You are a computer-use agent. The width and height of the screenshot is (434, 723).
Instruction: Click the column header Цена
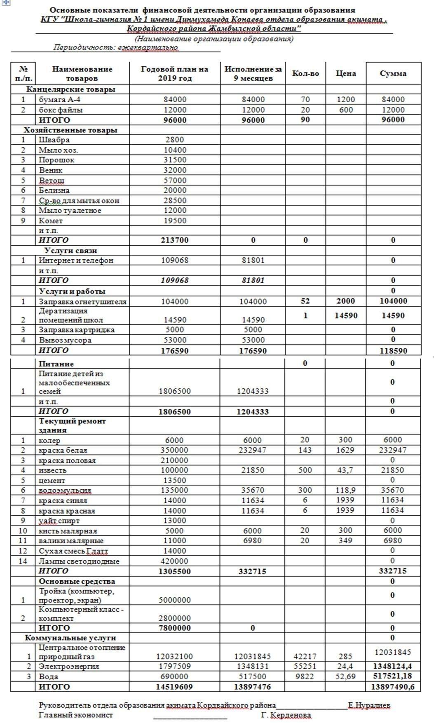pyautogui.click(x=346, y=73)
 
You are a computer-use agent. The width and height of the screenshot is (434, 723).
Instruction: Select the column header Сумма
pyautogui.click(x=393, y=73)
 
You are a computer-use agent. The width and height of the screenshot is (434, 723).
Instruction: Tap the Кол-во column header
pyautogui.click(x=305, y=73)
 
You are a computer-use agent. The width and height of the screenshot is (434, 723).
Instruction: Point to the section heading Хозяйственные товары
pyautogui.click(x=70, y=130)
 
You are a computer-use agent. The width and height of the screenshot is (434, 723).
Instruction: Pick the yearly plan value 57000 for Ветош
pyautogui.click(x=175, y=180)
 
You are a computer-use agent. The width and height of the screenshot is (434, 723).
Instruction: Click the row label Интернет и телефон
pyautogui.click(x=76, y=260)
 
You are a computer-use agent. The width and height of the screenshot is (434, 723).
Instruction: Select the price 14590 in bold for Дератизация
pyautogui.click(x=346, y=315)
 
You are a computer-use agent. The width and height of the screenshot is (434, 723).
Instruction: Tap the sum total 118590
pyautogui.click(x=393, y=351)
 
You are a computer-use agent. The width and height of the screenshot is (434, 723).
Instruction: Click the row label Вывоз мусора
pyautogui.click(x=65, y=340)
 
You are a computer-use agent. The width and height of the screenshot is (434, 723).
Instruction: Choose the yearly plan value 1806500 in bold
pyautogui.click(x=175, y=411)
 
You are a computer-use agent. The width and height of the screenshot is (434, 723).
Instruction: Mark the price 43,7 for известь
pyautogui.click(x=345, y=470)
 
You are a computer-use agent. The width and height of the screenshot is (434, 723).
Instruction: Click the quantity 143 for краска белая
pyautogui.click(x=305, y=450)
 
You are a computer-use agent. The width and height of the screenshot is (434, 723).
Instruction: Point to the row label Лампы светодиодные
pyautogui.click(x=79, y=561)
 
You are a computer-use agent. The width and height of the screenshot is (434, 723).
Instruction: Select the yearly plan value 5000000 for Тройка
pyautogui.click(x=175, y=600)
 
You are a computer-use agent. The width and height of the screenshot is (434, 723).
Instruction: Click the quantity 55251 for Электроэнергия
pyautogui.click(x=305, y=666)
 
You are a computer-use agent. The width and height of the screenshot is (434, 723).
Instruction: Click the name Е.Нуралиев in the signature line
pyautogui.click(x=369, y=705)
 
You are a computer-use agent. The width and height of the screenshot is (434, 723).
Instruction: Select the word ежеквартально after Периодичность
pyautogui.click(x=148, y=47)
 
